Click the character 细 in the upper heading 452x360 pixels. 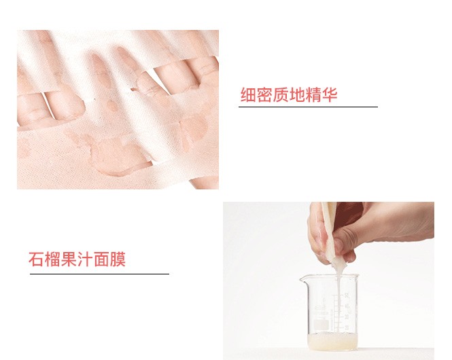[248, 94]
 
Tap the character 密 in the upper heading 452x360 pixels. [264, 94]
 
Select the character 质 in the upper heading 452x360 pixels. [281, 94]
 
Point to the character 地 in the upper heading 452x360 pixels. [296, 94]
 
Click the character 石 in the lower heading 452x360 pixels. [36, 259]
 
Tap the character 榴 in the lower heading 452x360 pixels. [52, 259]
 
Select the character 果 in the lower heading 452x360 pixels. [69, 259]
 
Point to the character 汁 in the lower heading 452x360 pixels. [85, 259]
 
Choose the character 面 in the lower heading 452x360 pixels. [101, 259]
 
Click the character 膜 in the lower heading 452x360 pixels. [118, 259]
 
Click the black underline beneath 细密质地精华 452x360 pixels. [308, 107]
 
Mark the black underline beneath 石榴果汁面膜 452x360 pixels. [99, 274]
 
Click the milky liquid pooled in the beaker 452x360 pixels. [332, 341]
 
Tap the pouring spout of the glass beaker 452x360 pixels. [302, 278]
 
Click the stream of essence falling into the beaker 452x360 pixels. [338, 300]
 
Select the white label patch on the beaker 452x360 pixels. [321, 324]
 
